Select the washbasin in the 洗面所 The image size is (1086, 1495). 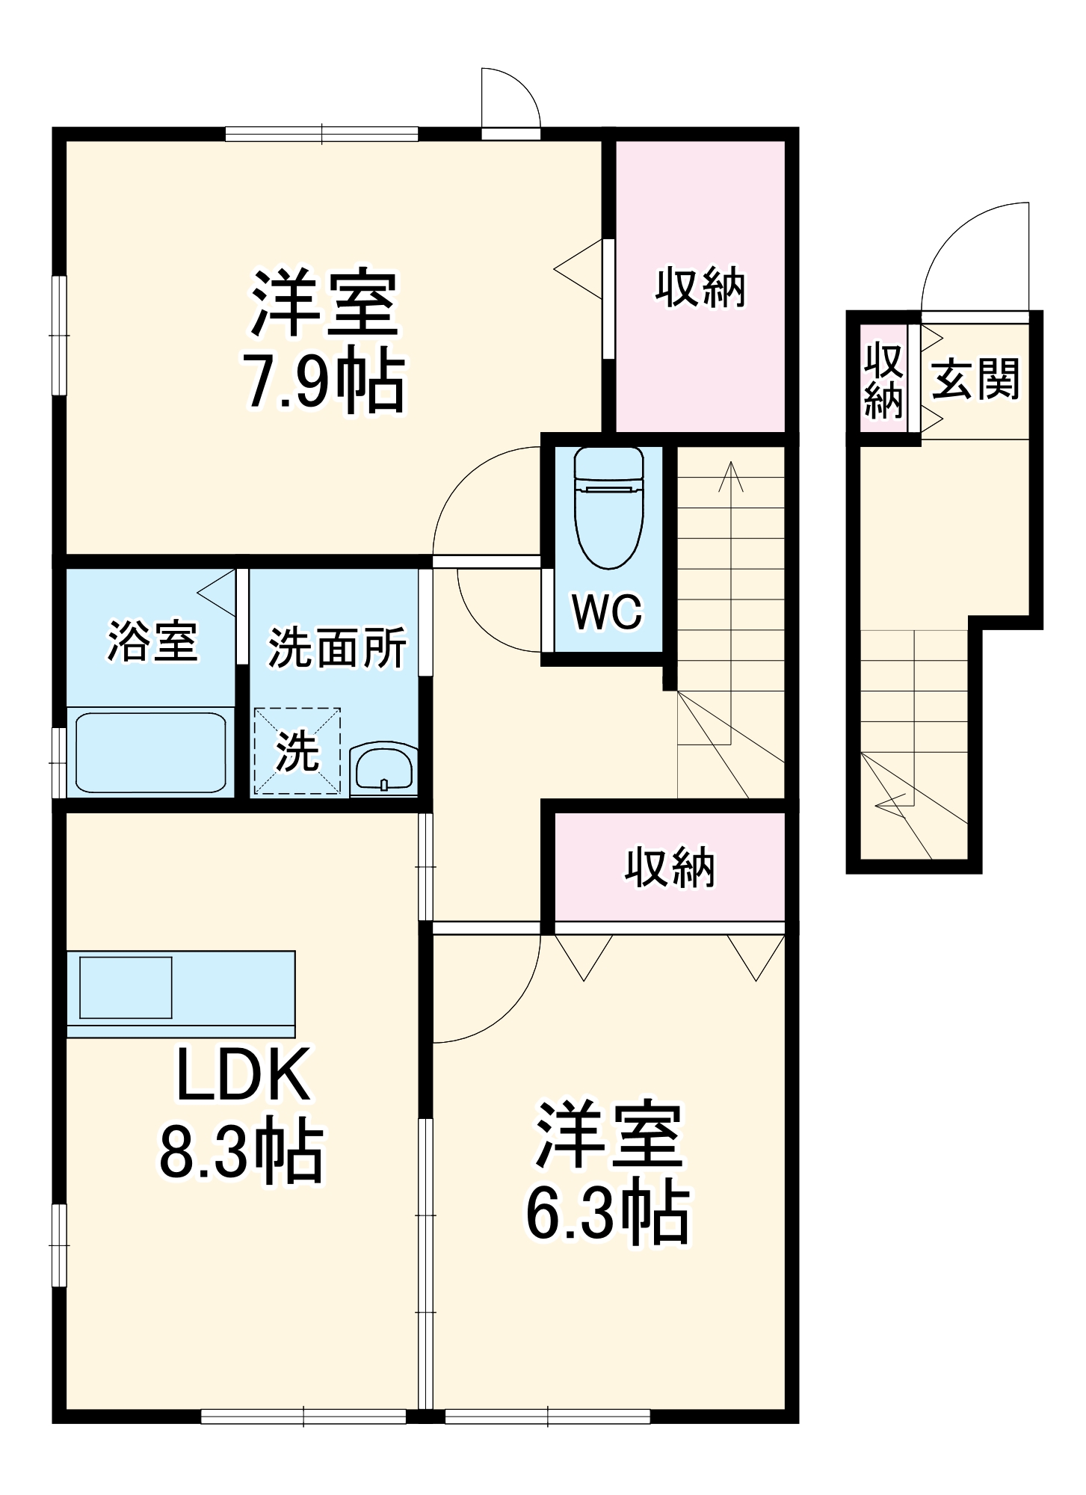pos(383,767)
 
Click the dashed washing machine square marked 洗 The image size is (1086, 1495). pos(297,750)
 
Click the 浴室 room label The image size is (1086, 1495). pos(152,641)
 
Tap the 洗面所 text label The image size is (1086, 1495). pos(336,647)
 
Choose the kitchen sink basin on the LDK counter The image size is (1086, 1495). pos(126,987)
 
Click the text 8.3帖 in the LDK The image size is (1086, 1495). pos(241,1153)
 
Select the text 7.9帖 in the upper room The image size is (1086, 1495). pos(324,383)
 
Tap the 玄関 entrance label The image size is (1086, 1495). pos(975,378)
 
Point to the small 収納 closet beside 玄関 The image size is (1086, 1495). pos(883,380)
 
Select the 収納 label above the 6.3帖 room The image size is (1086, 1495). pos(670,867)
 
